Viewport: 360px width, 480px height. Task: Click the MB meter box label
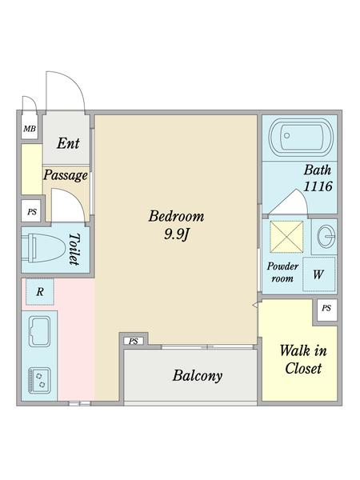click(x=30, y=129)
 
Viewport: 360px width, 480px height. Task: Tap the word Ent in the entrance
click(x=68, y=143)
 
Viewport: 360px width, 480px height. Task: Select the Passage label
click(x=66, y=175)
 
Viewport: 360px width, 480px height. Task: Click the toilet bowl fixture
click(x=44, y=247)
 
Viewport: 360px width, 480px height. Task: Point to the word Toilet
click(x=74, y=249)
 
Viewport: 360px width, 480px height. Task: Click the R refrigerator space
click(x=40, y=292)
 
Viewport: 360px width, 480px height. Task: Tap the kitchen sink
click(x=39, y=332)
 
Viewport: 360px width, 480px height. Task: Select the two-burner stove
click(x=39, y=381)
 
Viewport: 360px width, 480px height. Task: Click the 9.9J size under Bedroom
click(x=176, y=234)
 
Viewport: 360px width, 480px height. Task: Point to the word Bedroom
click(x=176, y=216)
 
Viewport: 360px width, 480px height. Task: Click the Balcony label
click(x=198, y=376)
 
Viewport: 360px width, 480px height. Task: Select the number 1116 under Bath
click(x=318, y=186)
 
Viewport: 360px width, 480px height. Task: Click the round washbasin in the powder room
click(x=326, y=237)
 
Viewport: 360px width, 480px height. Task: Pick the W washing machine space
click(x=318, y=274)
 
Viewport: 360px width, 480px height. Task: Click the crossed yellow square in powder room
click(x=286, y=237)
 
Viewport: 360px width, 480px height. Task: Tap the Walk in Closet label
click(x=303, y=359)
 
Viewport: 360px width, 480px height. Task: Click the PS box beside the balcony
click(x=133, y=341)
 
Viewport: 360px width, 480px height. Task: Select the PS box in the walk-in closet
click(x=326, y=308)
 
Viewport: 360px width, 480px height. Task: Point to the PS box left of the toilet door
click(x=31, y=211)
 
